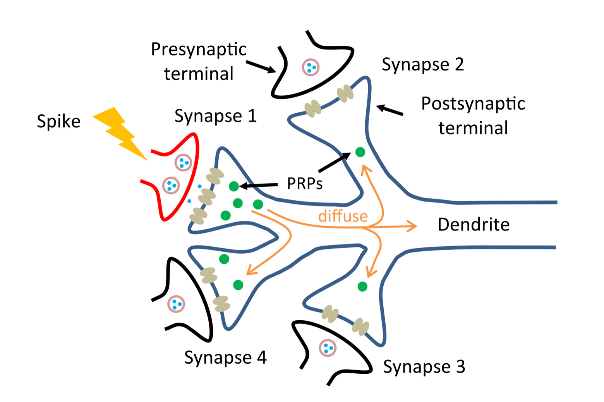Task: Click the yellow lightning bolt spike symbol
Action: point(120,134)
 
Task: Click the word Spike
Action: point(58,122)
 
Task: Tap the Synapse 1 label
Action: point(215,116)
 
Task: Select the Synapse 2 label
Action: point(422,64)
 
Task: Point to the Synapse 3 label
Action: point(424,366)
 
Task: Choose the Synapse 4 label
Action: point(225,357)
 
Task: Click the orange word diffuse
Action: point(343,216)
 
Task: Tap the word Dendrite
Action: point(473,225)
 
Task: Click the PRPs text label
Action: point(304,184)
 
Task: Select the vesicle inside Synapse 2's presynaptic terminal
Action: point(311,67)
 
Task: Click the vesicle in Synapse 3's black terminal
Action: point(328,348)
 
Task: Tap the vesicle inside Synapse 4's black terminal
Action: point(176,304)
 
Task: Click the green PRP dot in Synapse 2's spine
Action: point(360,152)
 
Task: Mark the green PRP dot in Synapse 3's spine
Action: point(362,287)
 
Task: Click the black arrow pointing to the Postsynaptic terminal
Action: point(390,110)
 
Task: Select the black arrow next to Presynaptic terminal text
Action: point(261,66)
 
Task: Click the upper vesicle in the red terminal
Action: point(183,162)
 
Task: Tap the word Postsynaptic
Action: point(473,104)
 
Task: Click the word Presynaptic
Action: point(198,50)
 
